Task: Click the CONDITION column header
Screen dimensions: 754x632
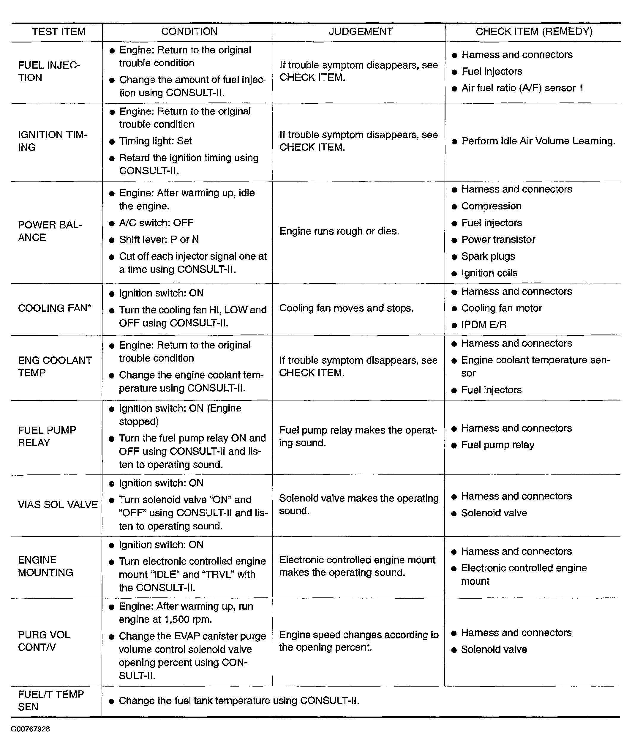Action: (x=189, y=31)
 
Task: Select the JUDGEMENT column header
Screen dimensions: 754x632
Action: (x=360, y=31)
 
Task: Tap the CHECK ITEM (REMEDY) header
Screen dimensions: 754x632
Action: (x=534, y=31)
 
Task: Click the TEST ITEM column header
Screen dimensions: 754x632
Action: (x=59, y=31)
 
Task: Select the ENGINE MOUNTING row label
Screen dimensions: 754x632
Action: (x=45, y=566)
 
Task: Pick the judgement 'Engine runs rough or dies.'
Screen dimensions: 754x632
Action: (x=339, y=231)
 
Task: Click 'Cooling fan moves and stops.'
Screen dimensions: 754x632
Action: (x=346, y=308)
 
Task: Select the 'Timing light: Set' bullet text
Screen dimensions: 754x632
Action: (x=155, y=141)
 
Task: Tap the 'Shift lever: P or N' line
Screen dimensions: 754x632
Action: (x=159, y=239)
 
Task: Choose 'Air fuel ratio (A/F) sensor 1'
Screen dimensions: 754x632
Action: (x=522, y=88)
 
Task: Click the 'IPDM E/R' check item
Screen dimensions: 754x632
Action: (x=484, y=325)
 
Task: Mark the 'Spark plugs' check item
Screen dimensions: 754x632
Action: (x=488, y=256)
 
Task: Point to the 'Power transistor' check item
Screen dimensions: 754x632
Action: (x=498, y=239)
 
